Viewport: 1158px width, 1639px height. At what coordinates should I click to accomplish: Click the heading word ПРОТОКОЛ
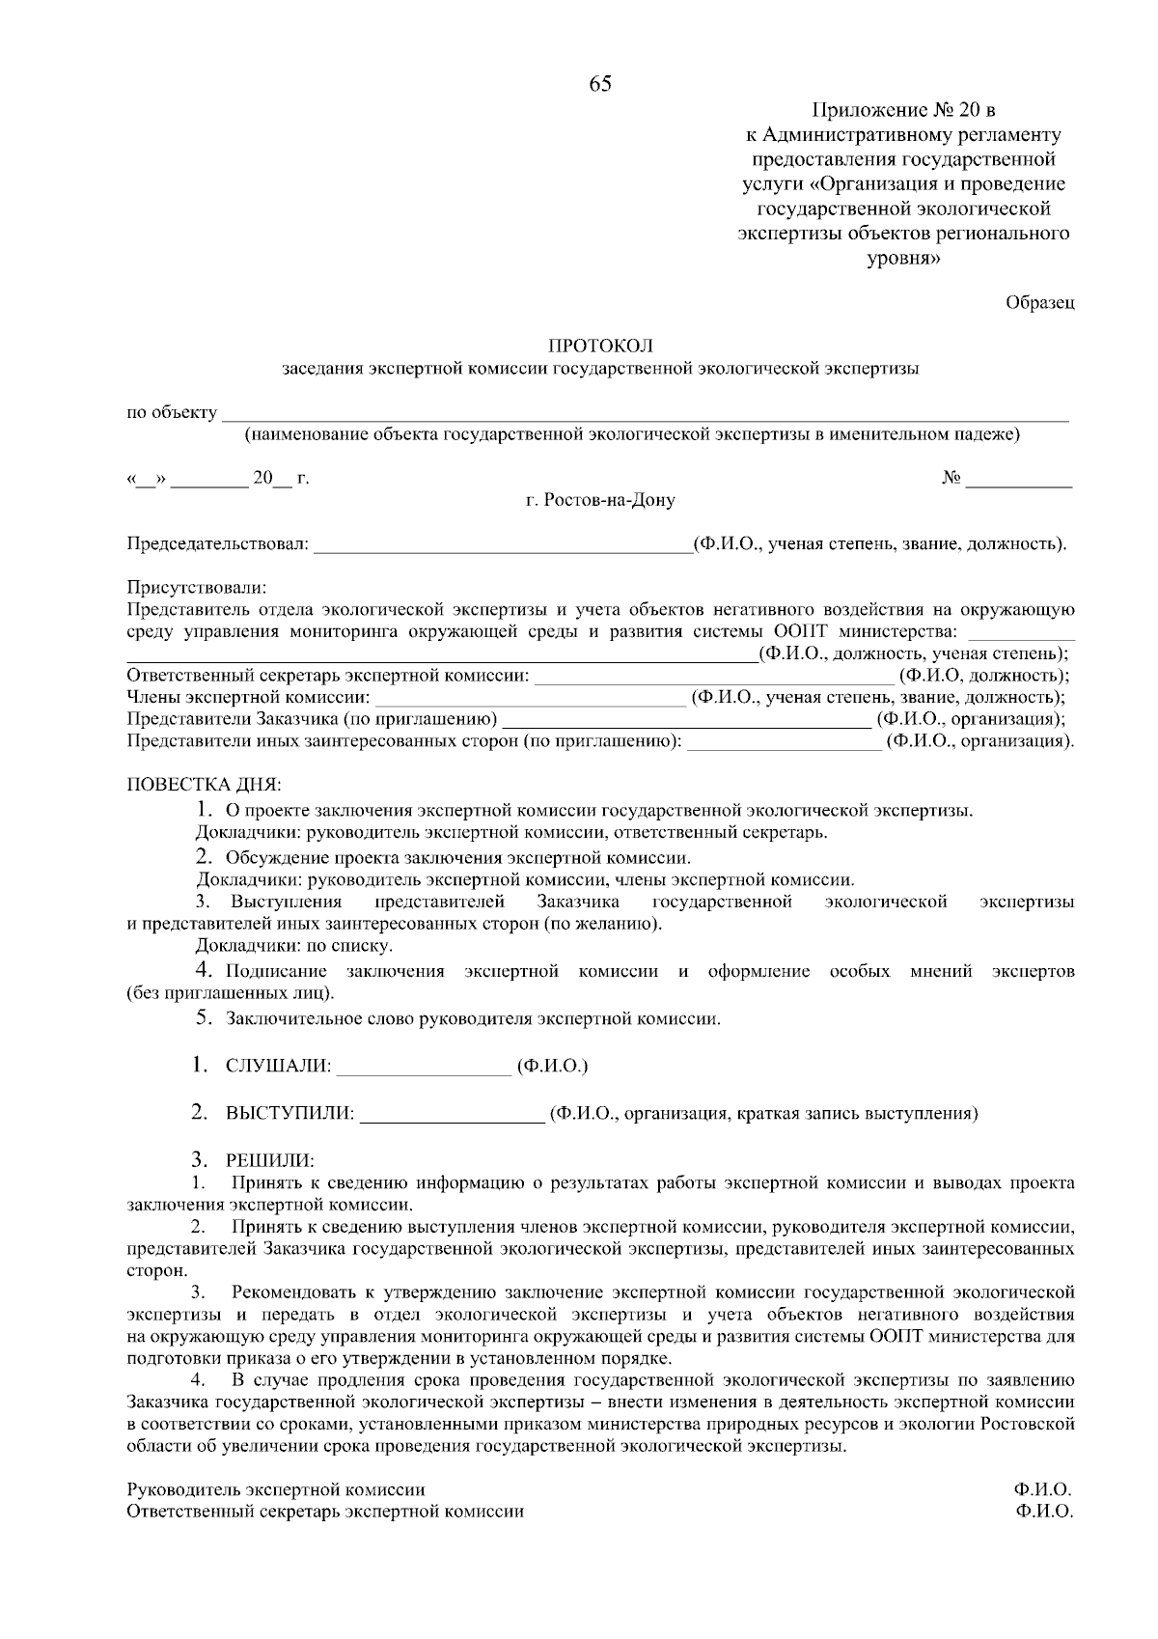(600, 346)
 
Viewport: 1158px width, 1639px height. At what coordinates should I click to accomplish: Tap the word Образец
(1039, 302)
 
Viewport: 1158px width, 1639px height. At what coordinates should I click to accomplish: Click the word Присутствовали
(197, 587)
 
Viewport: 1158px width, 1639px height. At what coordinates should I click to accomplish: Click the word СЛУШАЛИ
(278, 1067)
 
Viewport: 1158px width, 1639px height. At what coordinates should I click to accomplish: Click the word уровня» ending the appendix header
(903, 259)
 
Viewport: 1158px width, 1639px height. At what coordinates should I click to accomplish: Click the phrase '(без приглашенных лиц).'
(232, 993)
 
